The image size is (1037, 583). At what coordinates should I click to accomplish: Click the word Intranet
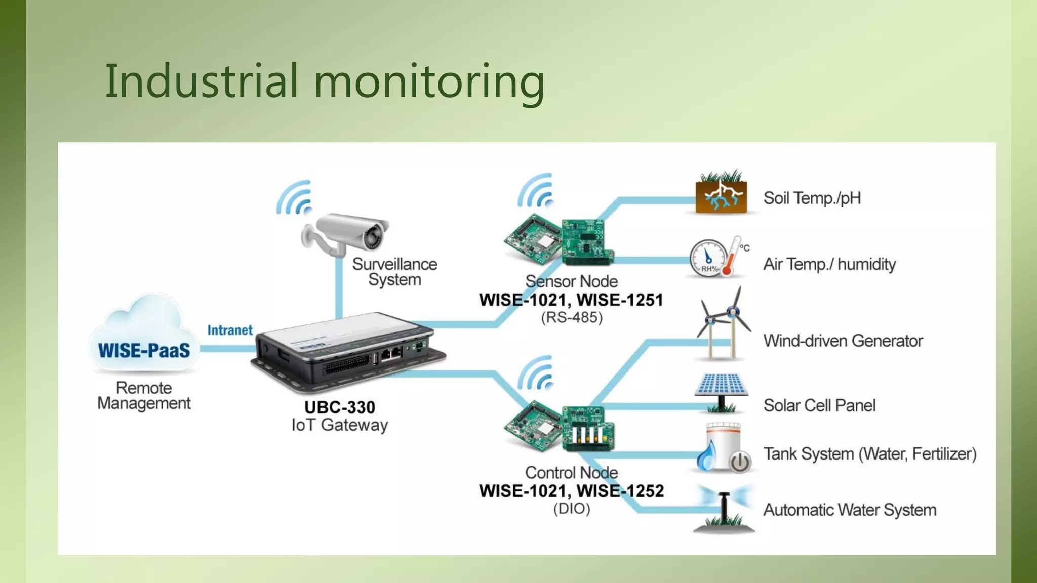click(230, 330)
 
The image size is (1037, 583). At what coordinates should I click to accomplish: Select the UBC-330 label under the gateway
click(340, 407)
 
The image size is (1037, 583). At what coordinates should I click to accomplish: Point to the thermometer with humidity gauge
click(719, 257)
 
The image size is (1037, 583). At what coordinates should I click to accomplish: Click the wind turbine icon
click(723, 324)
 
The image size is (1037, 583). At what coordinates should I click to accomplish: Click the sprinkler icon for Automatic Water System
click(724, 509)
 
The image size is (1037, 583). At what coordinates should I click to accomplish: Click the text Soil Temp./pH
click(812, 198)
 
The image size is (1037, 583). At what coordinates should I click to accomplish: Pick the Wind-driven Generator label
click(843, 341)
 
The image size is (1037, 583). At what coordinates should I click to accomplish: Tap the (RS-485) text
click(572, 318)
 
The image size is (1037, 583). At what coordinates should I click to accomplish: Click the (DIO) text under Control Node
click(572, 509)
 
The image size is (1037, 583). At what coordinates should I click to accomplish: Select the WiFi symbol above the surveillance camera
click(295, 198)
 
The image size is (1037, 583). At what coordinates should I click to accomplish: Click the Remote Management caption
click(144, 395)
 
